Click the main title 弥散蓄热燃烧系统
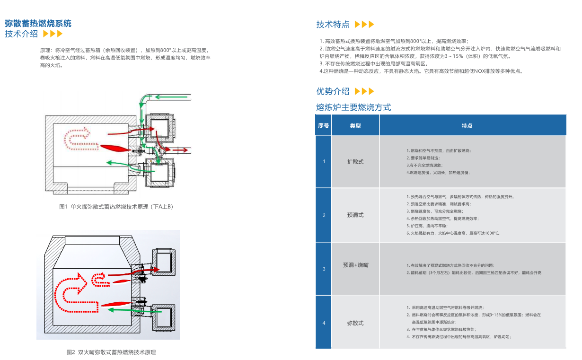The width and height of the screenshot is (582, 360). (x=38, y=23)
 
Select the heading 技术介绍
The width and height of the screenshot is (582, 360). (x=21, y=34)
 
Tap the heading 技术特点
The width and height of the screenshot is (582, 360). (x=333, y=25)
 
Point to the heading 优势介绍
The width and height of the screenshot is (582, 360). (x=333, y=91)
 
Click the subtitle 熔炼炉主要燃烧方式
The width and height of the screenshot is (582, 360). (x=353, y=107)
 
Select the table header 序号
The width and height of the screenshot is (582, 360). (x=324, y=126)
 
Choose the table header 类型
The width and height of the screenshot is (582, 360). (x=355, y=126)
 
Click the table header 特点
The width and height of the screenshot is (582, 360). (x=467, y=126)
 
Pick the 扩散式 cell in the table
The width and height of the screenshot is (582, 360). (x=355, y=162)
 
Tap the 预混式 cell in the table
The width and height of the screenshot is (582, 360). (x=355, y=215)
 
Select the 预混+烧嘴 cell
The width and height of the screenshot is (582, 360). (x=355, y=265)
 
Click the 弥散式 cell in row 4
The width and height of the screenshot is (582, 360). (x=355, y=323)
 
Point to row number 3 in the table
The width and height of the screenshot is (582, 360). (x=324, y=269)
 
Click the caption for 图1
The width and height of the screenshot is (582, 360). (x=116, y=207)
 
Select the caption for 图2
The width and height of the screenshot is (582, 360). (x=111, y=352)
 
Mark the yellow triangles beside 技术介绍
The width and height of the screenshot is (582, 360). (x=53, y=34)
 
